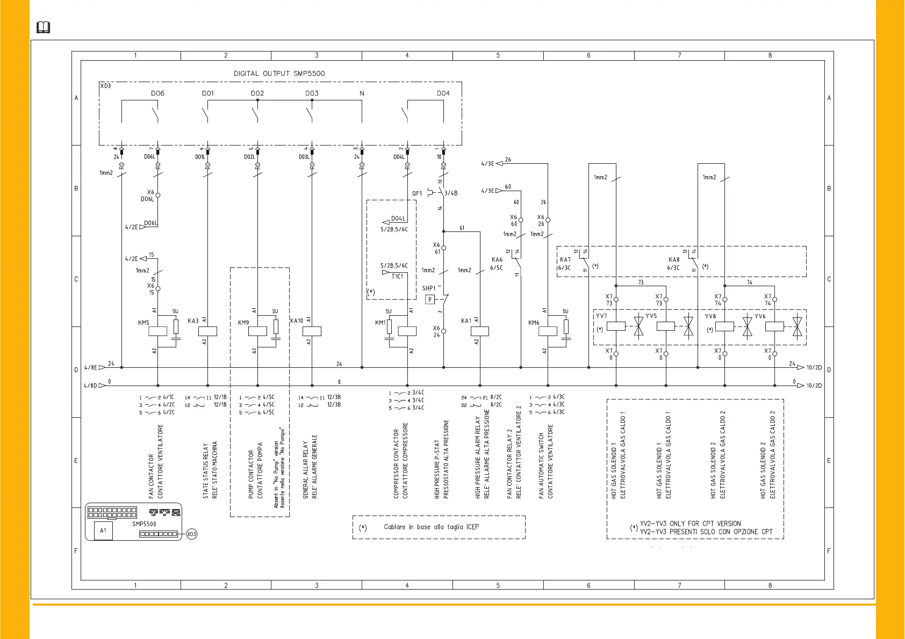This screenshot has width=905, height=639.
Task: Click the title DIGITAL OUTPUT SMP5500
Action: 279,74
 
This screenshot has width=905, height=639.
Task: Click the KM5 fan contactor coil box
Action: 157,331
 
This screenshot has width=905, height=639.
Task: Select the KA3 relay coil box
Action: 207,331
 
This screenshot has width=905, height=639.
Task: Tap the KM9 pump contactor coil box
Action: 257,331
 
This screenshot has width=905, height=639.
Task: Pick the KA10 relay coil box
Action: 312,331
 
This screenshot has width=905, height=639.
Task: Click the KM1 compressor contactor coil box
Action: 407,331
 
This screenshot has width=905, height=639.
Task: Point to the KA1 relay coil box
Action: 479,331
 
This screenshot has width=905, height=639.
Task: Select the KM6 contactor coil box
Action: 548,331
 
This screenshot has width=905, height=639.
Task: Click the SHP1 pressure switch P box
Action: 429,300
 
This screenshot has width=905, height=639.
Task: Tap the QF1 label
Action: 417,193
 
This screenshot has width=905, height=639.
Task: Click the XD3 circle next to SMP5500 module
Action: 192,534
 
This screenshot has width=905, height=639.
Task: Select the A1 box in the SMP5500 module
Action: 103,531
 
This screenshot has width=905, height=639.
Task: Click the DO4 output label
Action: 443,93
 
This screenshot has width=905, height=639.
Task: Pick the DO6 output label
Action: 157,93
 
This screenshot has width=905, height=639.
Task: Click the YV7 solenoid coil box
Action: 616,326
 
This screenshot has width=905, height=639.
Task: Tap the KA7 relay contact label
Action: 565,260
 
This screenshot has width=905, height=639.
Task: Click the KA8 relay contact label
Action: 673,260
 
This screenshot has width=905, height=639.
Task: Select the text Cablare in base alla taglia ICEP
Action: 431,527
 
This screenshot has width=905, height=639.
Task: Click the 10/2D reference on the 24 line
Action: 814,368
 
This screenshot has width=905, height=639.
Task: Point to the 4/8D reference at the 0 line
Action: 90,386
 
